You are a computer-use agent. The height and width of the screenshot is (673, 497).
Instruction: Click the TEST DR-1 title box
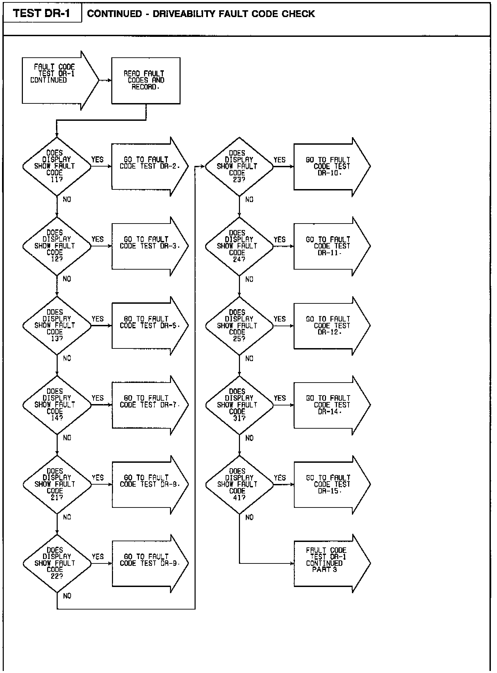pos(42,13)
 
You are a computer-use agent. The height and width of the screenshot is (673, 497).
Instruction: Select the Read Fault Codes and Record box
pos(146,81)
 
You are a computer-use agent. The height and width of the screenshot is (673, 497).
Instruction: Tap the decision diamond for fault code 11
pos(57,167)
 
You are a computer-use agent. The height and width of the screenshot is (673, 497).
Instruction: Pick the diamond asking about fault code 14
pos(57,405)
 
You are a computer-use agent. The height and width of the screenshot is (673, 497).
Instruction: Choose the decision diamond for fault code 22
pos(57,563)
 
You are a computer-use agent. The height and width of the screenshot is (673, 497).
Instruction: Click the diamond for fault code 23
pos(239,167)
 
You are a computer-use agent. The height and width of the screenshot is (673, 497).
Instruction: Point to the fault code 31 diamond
pos(239,405)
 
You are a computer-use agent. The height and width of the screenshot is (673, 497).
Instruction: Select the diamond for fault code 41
pos(239,485)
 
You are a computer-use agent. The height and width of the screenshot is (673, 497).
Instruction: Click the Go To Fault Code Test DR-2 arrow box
pos(150,167)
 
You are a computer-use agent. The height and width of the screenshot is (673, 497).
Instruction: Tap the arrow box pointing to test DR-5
pos(150,326)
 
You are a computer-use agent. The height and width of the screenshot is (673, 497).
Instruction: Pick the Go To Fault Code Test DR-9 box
pos(150,563)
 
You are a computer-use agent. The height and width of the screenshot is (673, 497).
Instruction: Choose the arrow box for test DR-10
pos(331,167)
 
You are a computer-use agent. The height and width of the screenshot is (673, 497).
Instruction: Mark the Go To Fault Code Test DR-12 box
pos(331,326)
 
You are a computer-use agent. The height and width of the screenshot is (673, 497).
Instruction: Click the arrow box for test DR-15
pos(331,485)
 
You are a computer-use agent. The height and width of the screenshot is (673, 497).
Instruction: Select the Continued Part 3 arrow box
pos(331,563)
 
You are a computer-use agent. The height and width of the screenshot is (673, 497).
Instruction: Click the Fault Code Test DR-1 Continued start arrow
pos(60,81)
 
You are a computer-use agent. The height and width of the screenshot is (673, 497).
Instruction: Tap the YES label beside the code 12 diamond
pos(97,239)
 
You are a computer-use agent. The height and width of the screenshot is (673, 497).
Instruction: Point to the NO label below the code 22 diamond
pos(67,596)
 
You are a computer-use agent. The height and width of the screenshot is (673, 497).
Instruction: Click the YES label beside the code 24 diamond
pos(280,240)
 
